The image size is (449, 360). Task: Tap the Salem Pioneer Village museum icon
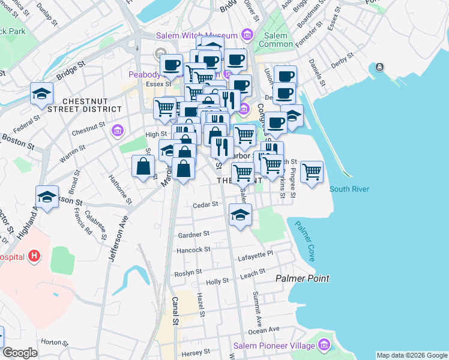(x=325, y=346)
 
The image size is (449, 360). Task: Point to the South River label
(x=349, y=189)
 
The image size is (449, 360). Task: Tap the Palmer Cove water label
(x=307, y=240)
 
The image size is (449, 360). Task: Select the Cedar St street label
(x=205, y=205)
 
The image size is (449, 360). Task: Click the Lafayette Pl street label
(x=256, y=255)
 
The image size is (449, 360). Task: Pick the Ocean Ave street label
(x=264, y=329)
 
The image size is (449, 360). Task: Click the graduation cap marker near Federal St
(x=41, y=94)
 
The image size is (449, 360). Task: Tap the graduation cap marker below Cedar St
(x=240, y=215)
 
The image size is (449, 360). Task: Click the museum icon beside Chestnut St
(x=117, y=130)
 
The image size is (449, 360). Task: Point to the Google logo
(x=20, y=353)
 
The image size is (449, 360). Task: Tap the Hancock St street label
(x=193, y=249)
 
